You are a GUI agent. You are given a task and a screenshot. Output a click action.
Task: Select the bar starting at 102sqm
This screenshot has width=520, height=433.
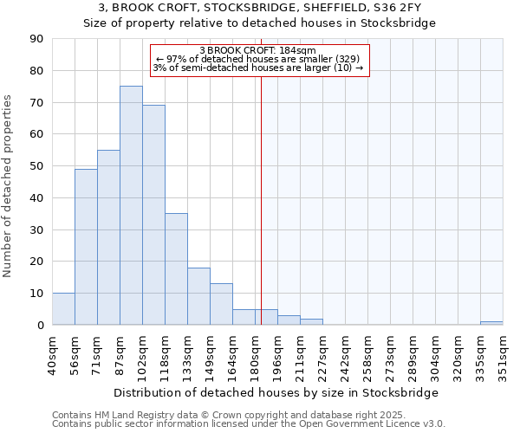153,215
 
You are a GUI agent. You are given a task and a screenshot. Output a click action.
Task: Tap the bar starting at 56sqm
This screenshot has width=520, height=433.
86,247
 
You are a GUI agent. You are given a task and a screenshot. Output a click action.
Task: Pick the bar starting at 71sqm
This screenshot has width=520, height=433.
108,237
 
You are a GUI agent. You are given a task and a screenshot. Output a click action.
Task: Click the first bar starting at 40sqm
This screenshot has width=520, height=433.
63,309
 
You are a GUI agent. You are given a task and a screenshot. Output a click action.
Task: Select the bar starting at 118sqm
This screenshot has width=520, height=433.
176,269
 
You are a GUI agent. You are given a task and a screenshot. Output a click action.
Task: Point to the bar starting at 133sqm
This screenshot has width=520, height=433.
198,296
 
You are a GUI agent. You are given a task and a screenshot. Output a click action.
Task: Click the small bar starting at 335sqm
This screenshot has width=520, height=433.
491,323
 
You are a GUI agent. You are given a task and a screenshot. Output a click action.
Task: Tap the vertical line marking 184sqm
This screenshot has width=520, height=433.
261,199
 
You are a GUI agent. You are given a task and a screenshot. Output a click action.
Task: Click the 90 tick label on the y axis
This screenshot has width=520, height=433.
36,39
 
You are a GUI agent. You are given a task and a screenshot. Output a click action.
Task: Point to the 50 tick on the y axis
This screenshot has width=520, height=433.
36,166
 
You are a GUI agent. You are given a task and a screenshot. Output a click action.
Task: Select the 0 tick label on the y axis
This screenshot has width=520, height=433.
40,325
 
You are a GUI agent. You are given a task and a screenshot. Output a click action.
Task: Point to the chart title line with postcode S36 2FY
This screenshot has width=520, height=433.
259,8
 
